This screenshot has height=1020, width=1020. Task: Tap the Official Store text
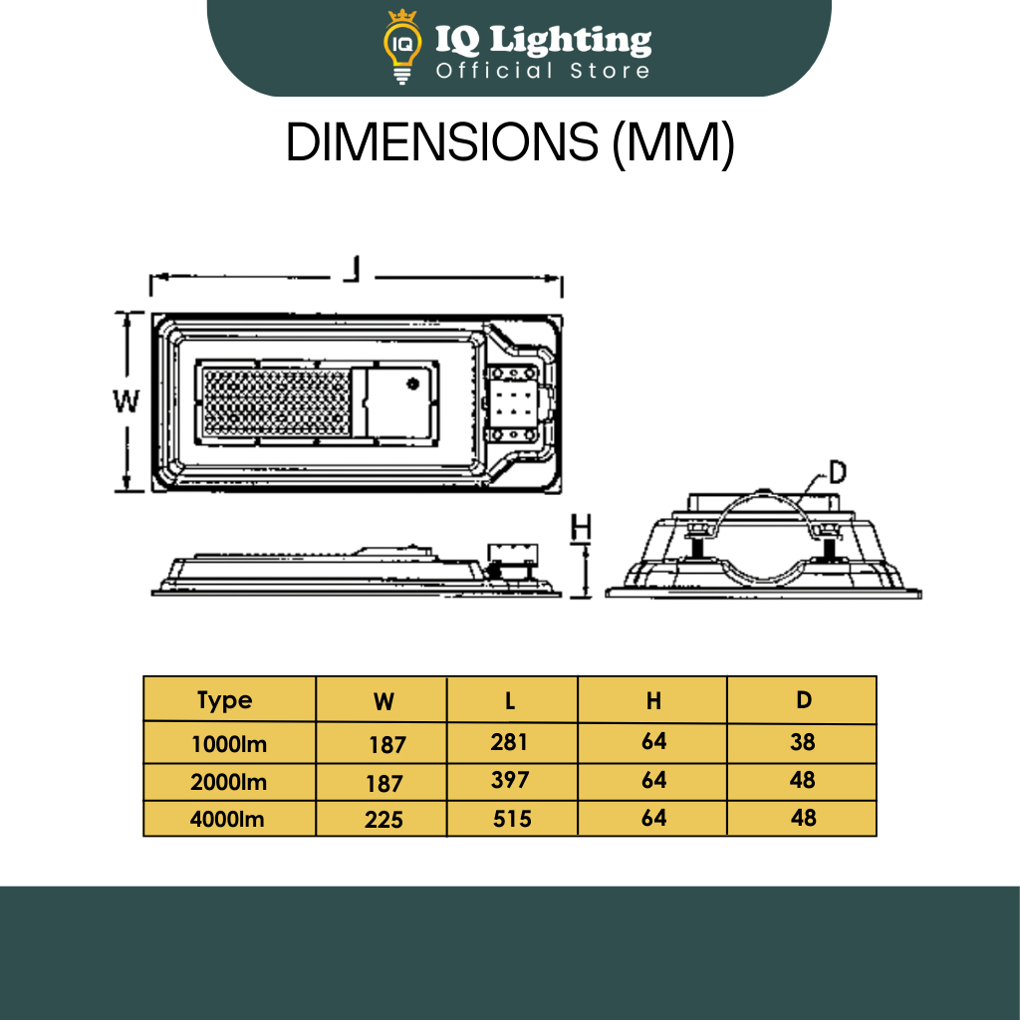543,71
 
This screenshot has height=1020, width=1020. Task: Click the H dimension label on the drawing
583,528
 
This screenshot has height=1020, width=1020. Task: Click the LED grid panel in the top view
277,400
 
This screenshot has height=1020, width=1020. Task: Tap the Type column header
225,700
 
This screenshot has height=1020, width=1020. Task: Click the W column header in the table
383,701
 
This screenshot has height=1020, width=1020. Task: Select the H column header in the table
653,701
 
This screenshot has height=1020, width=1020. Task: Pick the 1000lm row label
230,743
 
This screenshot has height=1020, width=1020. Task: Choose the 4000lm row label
230,819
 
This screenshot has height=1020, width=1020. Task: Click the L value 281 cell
509,742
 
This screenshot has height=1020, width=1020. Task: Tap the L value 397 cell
510,780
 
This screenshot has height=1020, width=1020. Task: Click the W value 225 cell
383,819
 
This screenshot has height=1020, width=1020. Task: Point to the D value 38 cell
802,742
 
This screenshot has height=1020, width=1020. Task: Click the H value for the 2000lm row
653,780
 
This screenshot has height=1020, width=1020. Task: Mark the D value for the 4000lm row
803,818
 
